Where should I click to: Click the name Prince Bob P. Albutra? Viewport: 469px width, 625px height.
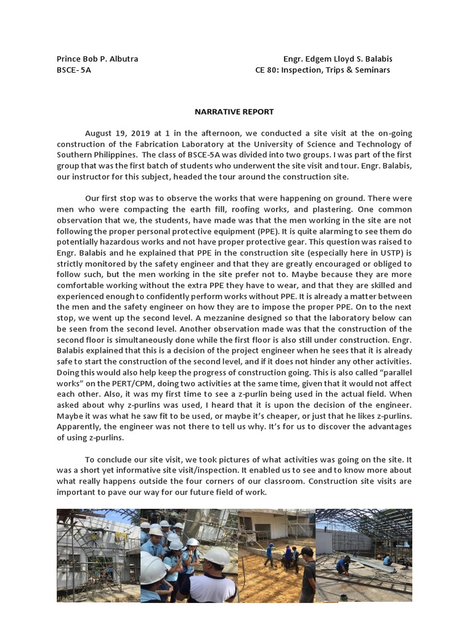[x=97, y=59]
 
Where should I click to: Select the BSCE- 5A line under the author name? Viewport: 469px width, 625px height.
[x=74, y=70]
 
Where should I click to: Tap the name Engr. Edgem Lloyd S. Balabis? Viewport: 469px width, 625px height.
[x=338, y=59]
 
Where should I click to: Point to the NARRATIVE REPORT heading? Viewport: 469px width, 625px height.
[x=234, y=112]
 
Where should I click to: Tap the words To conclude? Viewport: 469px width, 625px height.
[x=109, y=460]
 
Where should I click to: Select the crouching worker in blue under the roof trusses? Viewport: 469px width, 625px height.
[x=343, y=564]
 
